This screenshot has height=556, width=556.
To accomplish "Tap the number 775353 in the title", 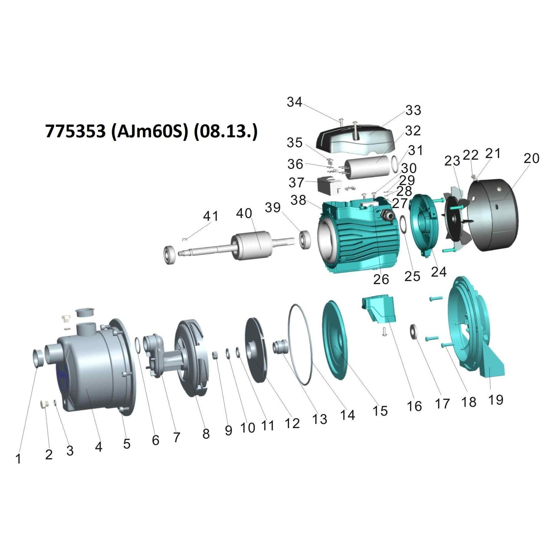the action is [x=75, y=131].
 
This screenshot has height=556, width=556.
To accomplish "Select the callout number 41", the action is [x=211, y=216].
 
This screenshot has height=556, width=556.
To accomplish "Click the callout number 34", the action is [x=295, y=102].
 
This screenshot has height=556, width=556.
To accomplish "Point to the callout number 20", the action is [x=531, y=158].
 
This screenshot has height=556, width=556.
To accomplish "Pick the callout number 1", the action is [x=18, y=459].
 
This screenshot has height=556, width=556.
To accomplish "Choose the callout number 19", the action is [x=496, y=400].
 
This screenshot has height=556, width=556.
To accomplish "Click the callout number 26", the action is [x=381, y=279].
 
